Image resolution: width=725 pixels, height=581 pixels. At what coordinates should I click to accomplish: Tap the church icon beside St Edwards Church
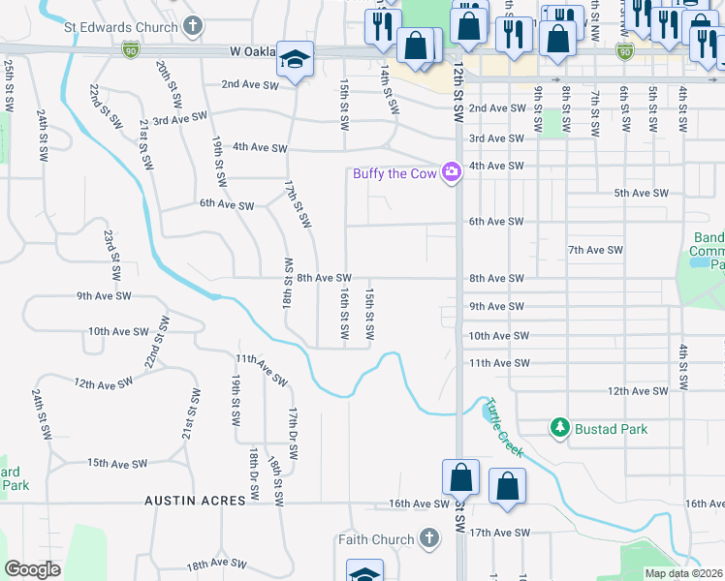pyautogui.click(x=193, y=26)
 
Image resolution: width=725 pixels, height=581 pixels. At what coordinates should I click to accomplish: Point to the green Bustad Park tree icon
pyautogui.click(x=559, y=427)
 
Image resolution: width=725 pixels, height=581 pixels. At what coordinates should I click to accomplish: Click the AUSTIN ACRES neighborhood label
pyautogui.click(x=189, y=502)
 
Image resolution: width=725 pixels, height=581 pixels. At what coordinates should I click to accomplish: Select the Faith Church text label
pyautogui.click(x=375, y=539)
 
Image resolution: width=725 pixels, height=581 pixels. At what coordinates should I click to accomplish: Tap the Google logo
pyautogui.click(x=33, y=569)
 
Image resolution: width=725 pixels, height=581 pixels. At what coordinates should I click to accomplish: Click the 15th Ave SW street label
pyautogui.click(x=116, y=464)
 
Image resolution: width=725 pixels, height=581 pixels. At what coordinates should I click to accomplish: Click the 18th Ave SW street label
pyautogui.click(x=218, y=564)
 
